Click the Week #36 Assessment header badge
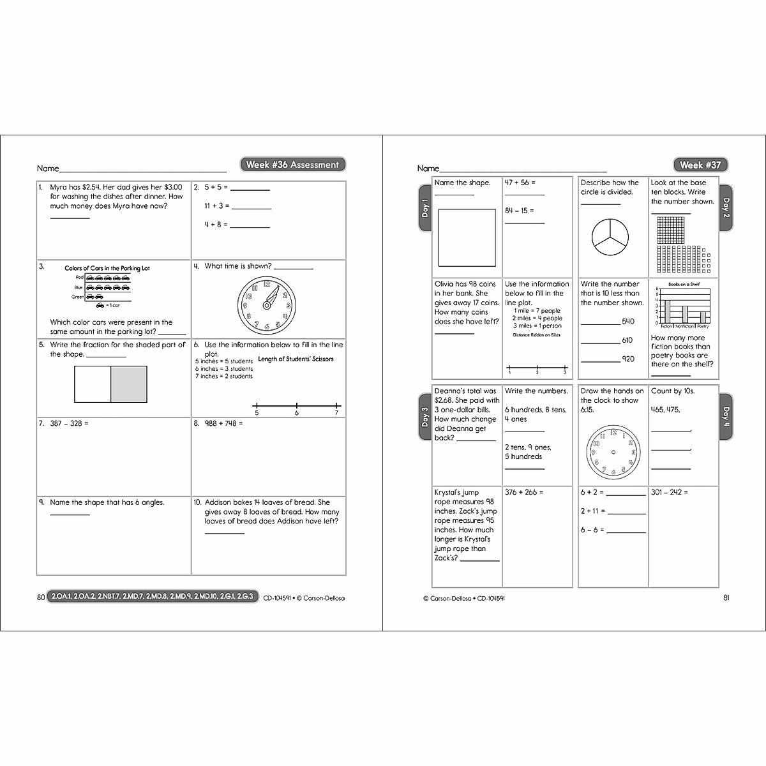pyautogui.click(x=292, y=165)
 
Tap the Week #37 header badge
pyautogui.click(x=700, y=165)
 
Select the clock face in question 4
pyautogui.click(x=267, y=303)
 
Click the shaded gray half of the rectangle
pyautogui.click(x=129, y=384)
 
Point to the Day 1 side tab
pyautogui.click(x=425, y=207)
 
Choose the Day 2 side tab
pyautogui.click(x=726, y=207)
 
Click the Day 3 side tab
pyautogui.click(x=425, y=417)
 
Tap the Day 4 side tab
pyautogui.click(x=726, y=417)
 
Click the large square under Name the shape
pyautogui.click(x=467, y=237)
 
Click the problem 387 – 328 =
pyautogui.click(x=69, y=423)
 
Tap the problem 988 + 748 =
pyautogui.click(x=223, y=423)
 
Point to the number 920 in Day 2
pyautogui.click(x=627, y=359)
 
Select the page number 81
pyautogui.click(x=726, y=598)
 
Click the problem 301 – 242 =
pyautogui.click(x=670, y=492)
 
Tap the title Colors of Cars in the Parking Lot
pyautogui.click(x=107, y=268)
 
